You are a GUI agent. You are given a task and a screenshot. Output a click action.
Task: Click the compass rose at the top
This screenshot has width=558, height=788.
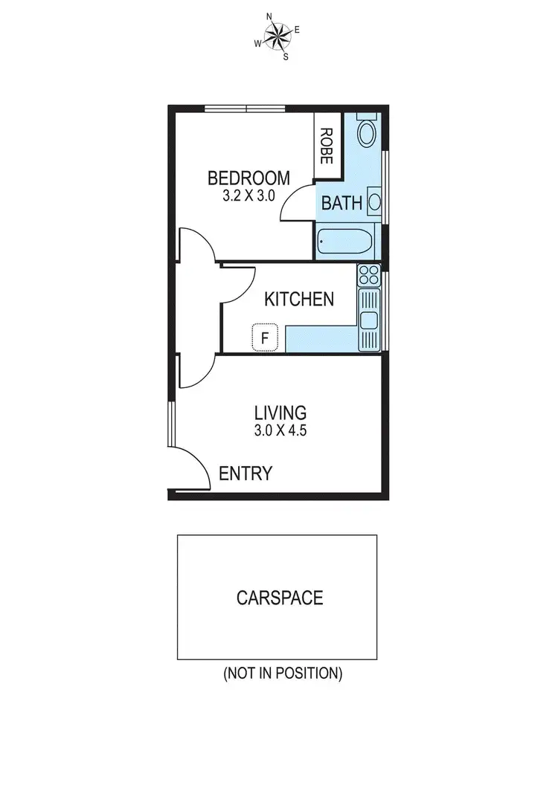point(278,35)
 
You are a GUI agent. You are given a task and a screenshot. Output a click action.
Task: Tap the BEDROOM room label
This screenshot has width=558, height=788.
point(248,178)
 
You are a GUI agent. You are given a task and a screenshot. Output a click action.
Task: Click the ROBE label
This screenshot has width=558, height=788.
point(326,146)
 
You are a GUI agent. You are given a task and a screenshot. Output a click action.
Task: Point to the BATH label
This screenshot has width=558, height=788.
point(341,203)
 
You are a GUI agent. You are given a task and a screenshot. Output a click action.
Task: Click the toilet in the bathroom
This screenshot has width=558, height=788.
point(367,133)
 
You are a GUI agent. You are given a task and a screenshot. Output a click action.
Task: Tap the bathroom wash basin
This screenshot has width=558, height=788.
point(375,201)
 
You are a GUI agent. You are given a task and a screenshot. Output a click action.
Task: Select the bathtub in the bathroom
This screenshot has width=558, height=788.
point(346,242)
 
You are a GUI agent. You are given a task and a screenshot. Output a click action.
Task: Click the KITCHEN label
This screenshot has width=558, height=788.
point(299,300)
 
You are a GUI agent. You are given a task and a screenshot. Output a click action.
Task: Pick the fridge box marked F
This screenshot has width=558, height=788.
point(264,338)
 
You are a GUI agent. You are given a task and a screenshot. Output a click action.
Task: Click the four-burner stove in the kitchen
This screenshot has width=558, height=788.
point(368,277)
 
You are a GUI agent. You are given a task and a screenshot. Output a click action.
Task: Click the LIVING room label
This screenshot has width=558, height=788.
point(280,413)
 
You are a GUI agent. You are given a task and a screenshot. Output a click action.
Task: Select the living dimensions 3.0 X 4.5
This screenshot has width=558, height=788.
point(280,430)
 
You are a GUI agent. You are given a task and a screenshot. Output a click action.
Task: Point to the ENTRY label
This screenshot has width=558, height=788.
point(245,474)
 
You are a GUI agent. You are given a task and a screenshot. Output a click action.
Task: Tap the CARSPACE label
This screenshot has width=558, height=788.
point(280,598)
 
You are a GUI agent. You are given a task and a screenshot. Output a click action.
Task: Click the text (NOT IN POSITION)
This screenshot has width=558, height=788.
point(283,674)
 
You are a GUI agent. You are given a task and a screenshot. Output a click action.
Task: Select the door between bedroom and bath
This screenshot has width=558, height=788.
point(298,204)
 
